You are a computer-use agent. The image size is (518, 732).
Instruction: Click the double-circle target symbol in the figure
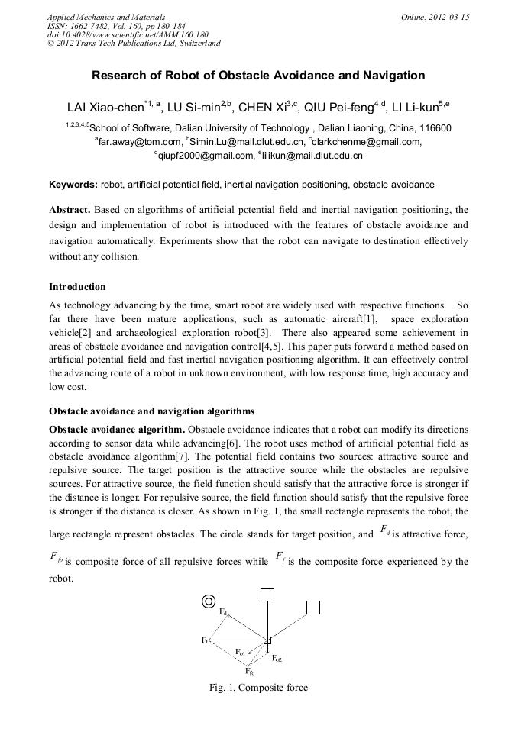point(207,601)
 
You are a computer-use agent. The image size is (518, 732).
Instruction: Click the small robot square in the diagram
point(267,640)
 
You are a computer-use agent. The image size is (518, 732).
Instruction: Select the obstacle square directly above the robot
point(267,594)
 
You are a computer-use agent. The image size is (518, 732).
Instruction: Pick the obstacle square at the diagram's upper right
point(312,607)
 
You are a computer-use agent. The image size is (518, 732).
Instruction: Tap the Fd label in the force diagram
point(223,612)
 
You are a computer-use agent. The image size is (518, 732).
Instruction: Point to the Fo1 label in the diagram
point(240,653)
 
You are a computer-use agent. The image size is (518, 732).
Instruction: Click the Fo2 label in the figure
point(277,659)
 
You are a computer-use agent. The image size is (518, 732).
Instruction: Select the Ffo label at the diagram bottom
point(250,672)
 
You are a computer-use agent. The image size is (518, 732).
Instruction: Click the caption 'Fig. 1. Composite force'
point(258,688)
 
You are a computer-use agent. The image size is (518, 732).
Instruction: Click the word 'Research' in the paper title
point(118,76)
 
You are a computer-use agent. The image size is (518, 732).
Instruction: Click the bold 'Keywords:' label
point(73,185)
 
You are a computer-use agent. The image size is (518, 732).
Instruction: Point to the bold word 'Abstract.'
point(70,209)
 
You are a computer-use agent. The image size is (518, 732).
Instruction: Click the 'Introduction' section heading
point(77,287)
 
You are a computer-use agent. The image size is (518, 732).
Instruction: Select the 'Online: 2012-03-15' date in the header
point(435,17)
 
